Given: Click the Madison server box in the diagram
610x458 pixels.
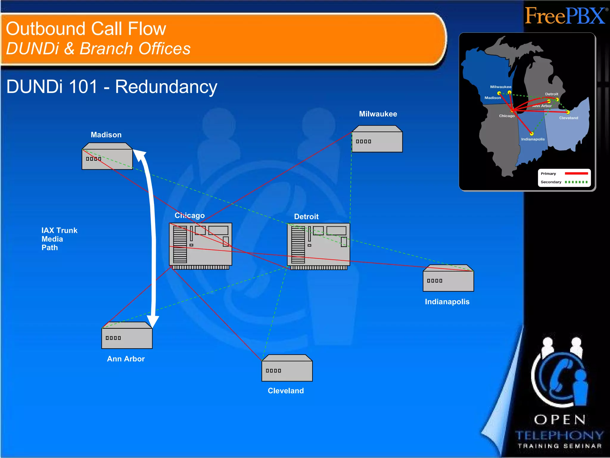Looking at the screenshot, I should (x=107, y=156).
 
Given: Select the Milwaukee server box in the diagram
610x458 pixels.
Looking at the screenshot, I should (x=377, y=139).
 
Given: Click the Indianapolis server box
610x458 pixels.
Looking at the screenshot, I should (x=448, y=278).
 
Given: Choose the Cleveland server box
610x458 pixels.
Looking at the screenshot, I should (x=287, y=368).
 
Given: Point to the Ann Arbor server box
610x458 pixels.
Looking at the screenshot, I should (x=127, y=335).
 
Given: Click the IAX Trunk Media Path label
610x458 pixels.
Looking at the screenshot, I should (x=59, y=239).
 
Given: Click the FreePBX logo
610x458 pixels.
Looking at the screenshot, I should (x=565, y=16).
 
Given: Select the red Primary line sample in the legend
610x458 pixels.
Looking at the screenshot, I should (x=576, y=174).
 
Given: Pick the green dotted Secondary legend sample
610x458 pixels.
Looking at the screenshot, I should (x=576, y=182).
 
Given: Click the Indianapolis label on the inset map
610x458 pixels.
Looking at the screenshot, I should (x=533, y=139).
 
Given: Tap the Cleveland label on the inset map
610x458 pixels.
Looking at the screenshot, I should (x=568, y=118).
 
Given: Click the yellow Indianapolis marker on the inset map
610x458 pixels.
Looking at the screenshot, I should (x=532, y=134).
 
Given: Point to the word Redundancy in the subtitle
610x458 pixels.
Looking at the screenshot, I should (x=166, y=87).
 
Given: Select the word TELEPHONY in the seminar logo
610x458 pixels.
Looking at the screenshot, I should (x=559, y=435).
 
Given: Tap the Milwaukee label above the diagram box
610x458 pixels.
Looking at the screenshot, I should (x=378, y=114).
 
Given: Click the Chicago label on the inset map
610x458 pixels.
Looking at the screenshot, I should (x=507, y=116).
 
